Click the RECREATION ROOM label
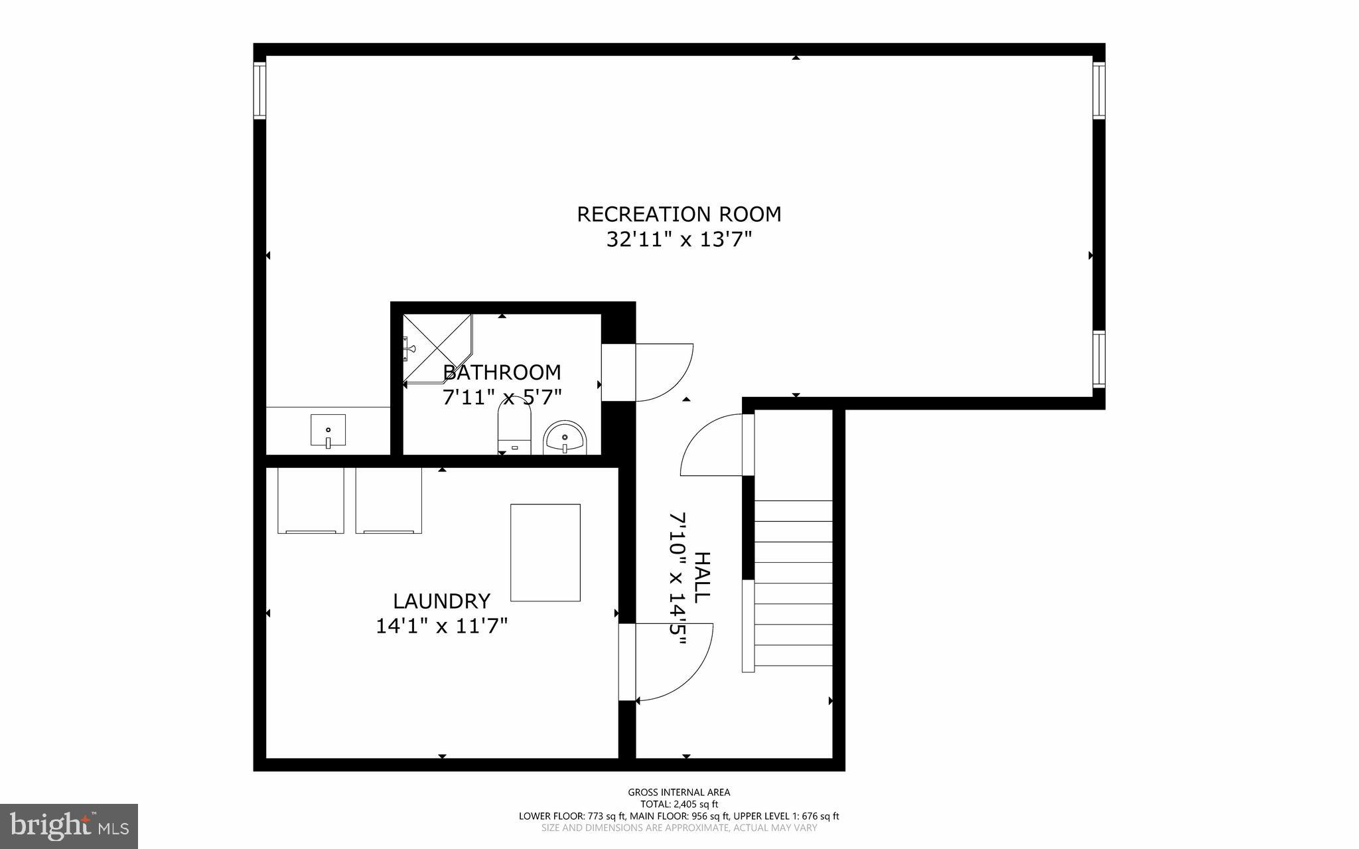(x=679, y=214)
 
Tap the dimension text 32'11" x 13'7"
(x=679, y=240)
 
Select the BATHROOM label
(x=502, y=372)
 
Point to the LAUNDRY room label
(x=441, y=601)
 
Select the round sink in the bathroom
(x=565, y=438)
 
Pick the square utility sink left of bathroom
(x=328, y=430)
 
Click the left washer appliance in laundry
(x=311, y=501)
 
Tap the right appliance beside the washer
(x=389, y=501)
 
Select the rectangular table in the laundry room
(x=545, y=552)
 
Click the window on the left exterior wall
(x=259, y=90)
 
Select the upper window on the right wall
(x=1099, y=90)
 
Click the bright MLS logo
(x=68, y=826)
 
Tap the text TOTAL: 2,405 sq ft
(x=679, y=804)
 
